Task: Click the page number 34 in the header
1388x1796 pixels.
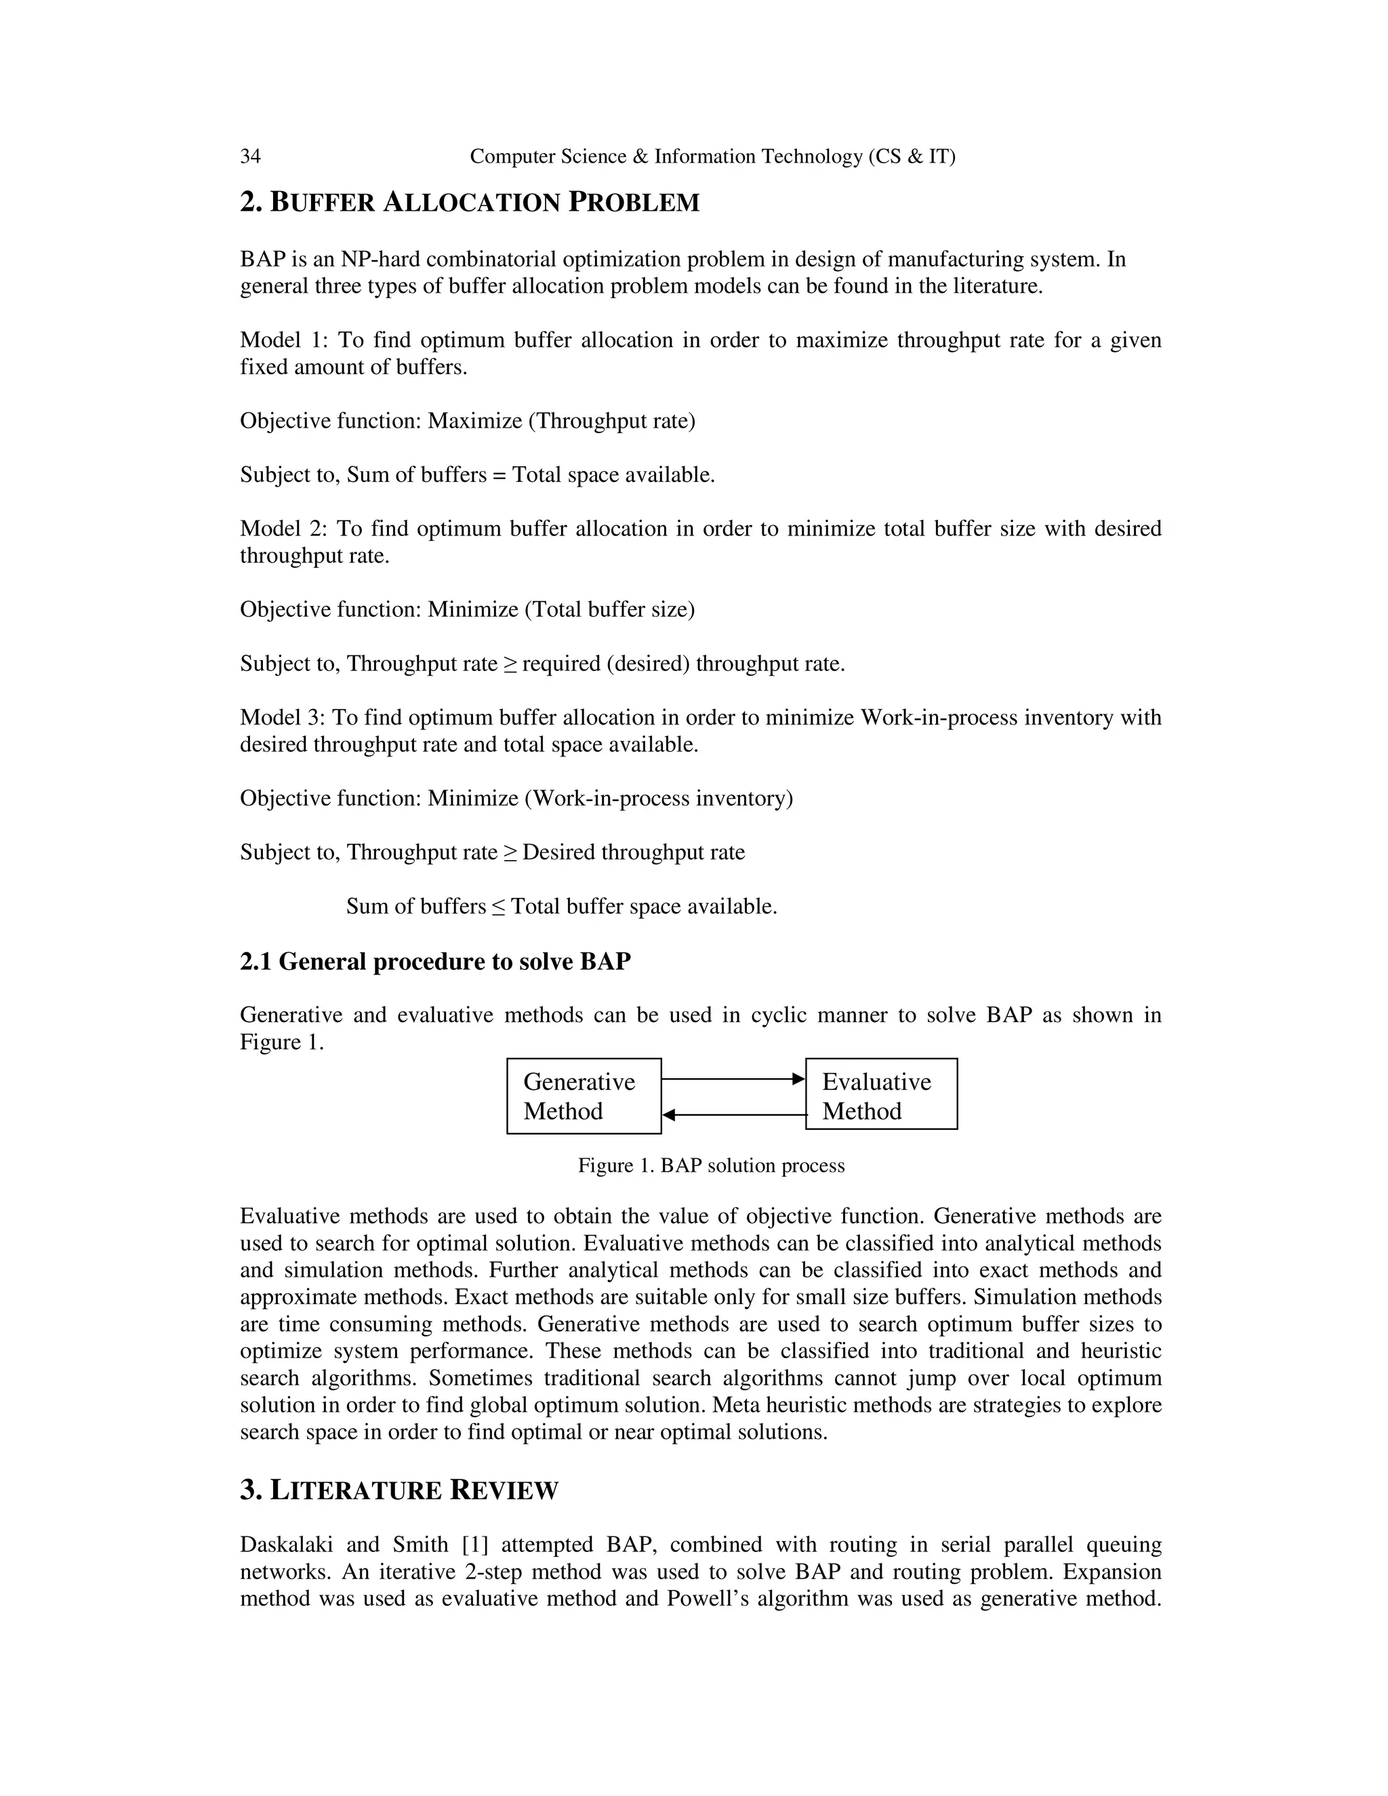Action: (250, 157)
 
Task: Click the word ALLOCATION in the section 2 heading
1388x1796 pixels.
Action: (470, 202)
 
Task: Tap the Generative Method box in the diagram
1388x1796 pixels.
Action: (583, 1095)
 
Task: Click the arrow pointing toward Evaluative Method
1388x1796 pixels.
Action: (733, 1078)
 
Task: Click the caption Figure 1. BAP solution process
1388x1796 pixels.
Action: (710, 1165)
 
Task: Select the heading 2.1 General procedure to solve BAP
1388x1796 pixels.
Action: (435, 961)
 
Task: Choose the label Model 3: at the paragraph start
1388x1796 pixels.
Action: (282, 718)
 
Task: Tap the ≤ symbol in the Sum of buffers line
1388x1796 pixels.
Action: (498, 907)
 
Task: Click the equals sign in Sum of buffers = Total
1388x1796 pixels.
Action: (498, 475)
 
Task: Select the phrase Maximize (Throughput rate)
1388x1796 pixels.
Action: (560, 421)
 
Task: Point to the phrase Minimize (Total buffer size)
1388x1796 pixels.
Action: (560, 609)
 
